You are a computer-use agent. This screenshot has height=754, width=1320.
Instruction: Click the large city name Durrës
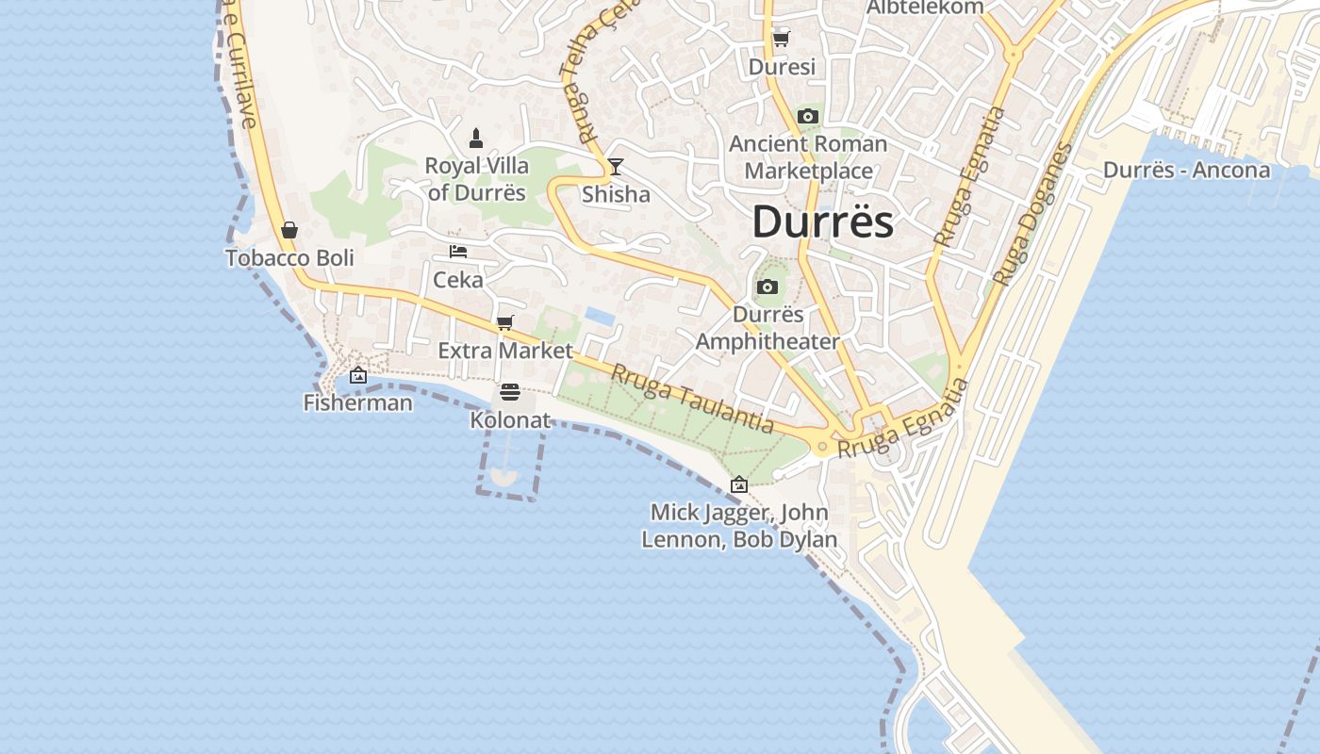point(822,222)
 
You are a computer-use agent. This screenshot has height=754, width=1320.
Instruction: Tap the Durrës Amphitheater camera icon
point(767,287)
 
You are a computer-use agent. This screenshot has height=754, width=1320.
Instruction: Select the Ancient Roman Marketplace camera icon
point(807,117)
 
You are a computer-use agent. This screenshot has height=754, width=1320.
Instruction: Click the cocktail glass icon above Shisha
point(616,167)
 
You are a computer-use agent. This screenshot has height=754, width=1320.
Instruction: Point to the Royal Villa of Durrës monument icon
point(476,139)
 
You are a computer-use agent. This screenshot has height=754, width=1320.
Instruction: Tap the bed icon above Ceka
point(458,252)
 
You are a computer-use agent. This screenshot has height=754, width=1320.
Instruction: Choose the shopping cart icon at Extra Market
point(505,323)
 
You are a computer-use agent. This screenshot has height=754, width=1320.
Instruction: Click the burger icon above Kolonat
point(510,392)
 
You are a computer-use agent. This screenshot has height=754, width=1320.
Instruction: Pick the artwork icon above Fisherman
point(358,375)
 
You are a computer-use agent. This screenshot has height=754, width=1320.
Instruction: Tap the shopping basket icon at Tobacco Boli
point(289,230)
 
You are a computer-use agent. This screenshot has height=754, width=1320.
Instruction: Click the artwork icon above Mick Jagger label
point(739,484)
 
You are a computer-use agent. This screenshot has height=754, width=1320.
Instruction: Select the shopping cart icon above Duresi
point(781,39)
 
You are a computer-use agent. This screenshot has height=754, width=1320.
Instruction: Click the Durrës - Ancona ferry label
point(1186,171)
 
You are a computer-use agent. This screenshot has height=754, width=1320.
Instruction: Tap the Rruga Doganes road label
point(1033,214)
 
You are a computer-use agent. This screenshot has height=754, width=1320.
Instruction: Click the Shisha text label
point(616,194)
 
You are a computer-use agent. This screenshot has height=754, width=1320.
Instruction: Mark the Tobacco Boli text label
point(289,257)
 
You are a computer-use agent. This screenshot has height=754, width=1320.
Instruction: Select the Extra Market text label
point(505,351)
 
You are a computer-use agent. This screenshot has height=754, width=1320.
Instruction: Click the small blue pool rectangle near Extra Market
point(600,315)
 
